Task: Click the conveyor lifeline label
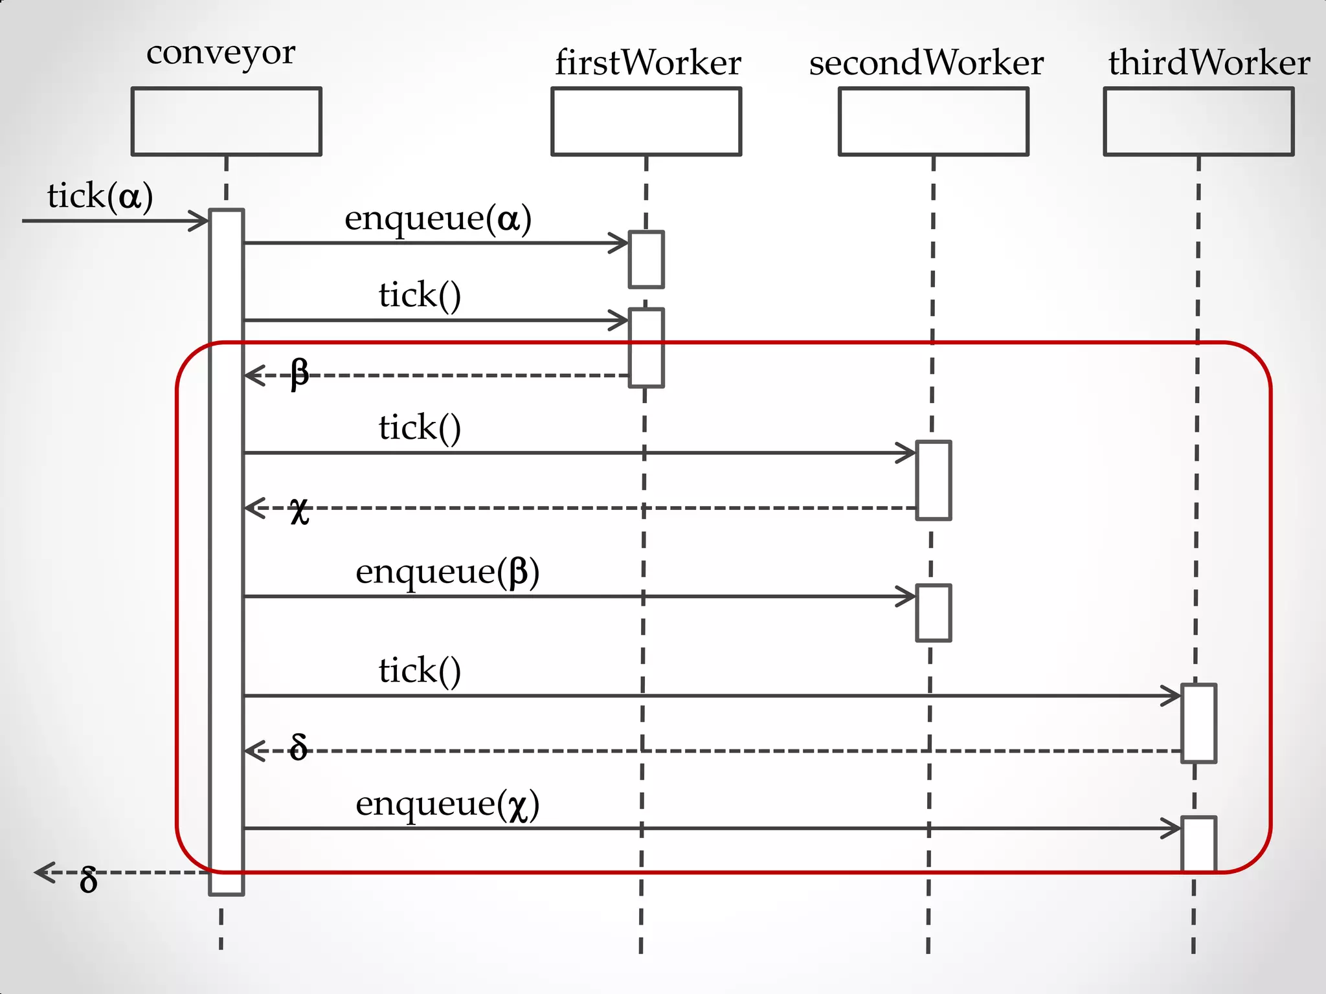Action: pos(221,53)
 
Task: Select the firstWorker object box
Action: pos(646,122)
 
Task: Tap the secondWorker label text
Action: pos(926,63)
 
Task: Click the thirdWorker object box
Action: pos(1198,122)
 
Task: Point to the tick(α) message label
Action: pos(100,196)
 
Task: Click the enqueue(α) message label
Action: pos(438,218)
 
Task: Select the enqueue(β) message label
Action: pos(447,572)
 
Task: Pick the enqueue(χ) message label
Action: pos(447,804)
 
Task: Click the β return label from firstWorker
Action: pos(299,373)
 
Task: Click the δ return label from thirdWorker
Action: pos(298,747)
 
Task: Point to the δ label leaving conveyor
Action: pos(89,880)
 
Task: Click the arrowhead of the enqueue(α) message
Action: pos(620,243)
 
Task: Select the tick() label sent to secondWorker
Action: pos(420,428)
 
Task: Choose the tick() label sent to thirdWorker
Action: pos(420,670)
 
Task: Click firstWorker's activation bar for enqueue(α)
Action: pos(646,260)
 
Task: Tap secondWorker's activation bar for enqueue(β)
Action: pos(933,613)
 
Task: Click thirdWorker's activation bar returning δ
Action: pos(1198,723)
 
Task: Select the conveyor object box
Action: pos(226,122)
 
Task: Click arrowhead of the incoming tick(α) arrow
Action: pos(200,221)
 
